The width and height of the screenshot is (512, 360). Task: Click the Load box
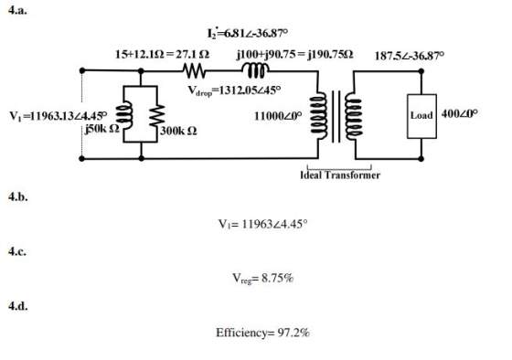(421, 116)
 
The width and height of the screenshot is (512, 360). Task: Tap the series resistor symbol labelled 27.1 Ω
(194, 71)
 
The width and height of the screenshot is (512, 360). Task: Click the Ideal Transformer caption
(340, 175)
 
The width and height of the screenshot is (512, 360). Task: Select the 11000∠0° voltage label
(278, 116)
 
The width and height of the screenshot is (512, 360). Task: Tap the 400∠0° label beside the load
(459, 113)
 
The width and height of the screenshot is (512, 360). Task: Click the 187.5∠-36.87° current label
(410, 56)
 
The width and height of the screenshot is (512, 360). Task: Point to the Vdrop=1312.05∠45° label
(234, 90)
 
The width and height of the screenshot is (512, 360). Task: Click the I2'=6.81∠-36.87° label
(248, 33)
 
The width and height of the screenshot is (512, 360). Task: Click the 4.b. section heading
(18, 196)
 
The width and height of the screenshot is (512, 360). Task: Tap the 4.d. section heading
(18, 306)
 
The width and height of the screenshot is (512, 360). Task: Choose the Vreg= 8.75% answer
(263, 279)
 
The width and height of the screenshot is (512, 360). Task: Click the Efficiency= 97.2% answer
(262, 333)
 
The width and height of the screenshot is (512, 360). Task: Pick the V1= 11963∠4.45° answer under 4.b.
(262, 224)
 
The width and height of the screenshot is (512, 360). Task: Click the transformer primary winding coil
(319, 116)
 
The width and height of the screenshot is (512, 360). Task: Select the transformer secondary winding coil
(353, 116)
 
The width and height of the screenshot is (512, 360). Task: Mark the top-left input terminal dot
(82, 70)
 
